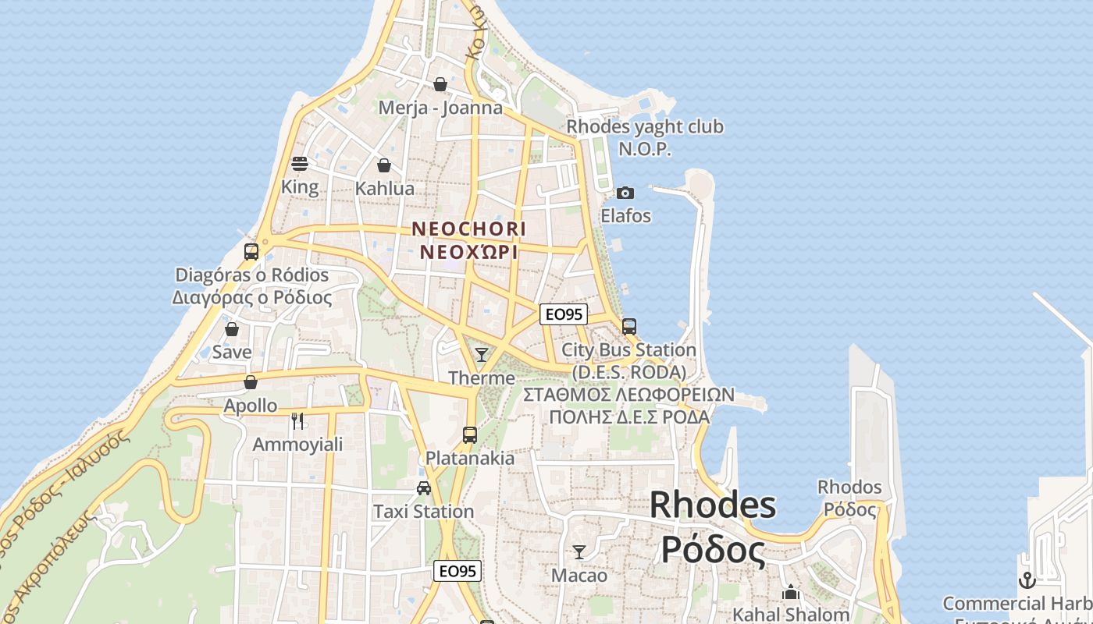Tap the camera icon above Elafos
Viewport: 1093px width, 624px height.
click(x=625, y=193)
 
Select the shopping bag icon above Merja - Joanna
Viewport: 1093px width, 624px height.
click(x=440, y=84)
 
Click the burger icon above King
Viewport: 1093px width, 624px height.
click(x=300, y=164)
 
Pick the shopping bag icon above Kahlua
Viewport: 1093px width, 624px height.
click(x=384, y=165)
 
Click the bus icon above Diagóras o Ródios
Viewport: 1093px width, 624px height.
click(x=251, y=252)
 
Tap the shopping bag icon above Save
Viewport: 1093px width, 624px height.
click(x=232, y=329)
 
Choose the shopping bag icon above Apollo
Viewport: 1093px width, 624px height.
click(x=251, y=382)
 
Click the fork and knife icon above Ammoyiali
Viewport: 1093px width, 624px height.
click(x=297, y=421)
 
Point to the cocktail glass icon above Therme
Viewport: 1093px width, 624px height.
click(x=482, y=355)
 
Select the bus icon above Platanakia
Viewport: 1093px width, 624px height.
click(x=470, y=435)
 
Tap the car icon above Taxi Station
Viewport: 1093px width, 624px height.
click(x=424, y=488)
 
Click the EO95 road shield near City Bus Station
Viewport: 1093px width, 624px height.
click(x=564, y=314)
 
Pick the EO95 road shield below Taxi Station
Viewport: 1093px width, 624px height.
click(x=457, y=571)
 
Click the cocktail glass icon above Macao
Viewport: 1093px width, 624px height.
click(x=579, y=552)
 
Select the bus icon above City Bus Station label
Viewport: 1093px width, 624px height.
click(x=629, y=327)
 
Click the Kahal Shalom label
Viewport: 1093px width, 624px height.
click(x=791, y=615)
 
